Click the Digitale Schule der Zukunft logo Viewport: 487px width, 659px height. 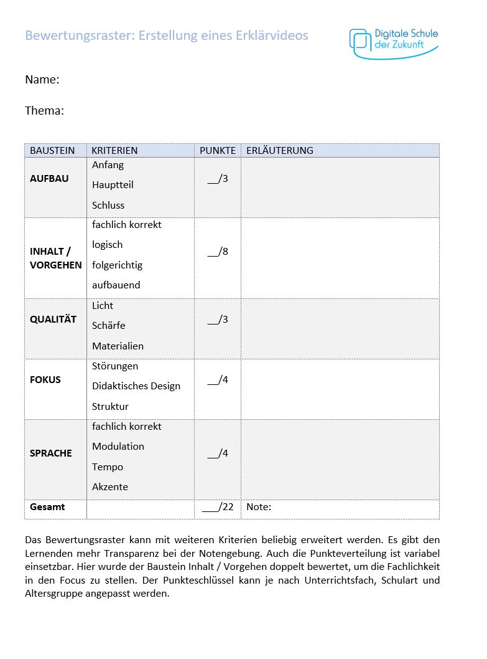(x=394, y=42)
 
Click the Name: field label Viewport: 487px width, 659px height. (x=42, y=80)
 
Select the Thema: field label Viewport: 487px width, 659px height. (x=45, y=111)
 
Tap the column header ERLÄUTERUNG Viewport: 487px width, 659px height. (x=280, y=151)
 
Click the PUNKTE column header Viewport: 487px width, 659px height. (x=218, y=151)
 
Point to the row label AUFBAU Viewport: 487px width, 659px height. (x=49, y=179)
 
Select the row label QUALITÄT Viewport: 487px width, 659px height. (x=53, y=320)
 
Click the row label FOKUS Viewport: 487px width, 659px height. (x=45, y=380)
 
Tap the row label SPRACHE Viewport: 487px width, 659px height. (x=51, y=453)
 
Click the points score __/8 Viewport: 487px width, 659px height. (x=218, y=252)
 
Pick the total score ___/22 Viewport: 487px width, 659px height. (x=218, y=507)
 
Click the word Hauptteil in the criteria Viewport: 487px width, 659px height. (x=113, y=185)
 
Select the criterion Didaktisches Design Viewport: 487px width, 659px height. (x=136, y=386)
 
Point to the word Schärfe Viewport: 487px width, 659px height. (x=109, y=326)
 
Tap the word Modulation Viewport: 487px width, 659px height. (x=118, y=447)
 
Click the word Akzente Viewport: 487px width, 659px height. (x=110, y=487)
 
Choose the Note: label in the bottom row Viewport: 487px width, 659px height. (x=259, y=507)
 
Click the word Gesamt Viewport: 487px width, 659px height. (x=47, y=507)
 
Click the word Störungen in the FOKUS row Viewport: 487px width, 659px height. (x=115, y=366)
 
